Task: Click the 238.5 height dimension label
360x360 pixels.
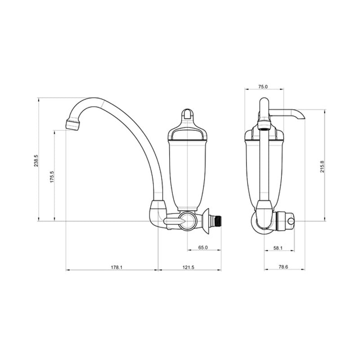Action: click(36, 161)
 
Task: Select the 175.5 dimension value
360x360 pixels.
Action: click(52, 176)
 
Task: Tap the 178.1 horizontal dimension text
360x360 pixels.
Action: click(117, 267)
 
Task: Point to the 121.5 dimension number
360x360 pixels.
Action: click(188, 267)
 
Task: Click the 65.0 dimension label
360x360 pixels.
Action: click(203, 247)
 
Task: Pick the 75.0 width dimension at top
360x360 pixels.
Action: click(263, 86)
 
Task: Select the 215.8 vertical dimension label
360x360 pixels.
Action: click(322, 166)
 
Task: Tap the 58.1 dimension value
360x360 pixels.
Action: click(278, 248)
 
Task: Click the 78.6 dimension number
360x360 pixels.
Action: click(283, 267)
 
